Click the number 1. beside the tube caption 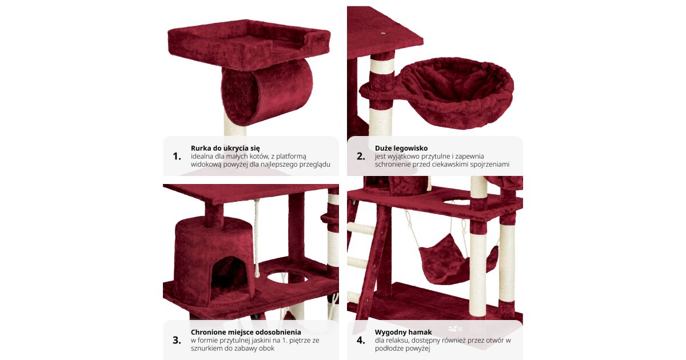(x=177, y=157)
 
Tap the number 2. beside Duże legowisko (x=361, y=157)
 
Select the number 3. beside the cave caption (x=177, y=340)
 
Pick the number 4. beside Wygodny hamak (x=361, y=340)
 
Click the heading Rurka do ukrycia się (x=225, y=149)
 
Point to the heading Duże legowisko (x=401, y=149)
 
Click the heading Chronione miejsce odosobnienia (x=246, y=332)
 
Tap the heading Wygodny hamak (x=404, y=332)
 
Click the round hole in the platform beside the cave (x=288, y=278)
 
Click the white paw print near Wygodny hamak (x=456, y=329)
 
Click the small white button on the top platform (x=383, y=33)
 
